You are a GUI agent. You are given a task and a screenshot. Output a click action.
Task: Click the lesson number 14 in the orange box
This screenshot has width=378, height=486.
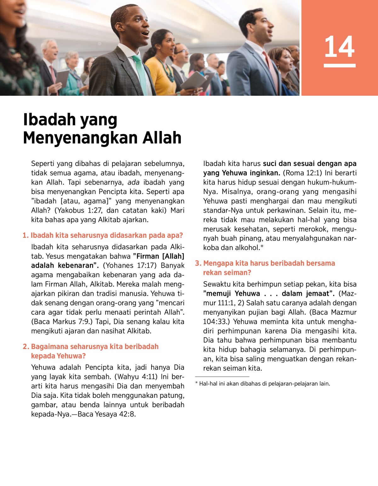(x=339, y=47)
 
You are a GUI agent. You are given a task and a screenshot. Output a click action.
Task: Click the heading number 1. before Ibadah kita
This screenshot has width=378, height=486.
(x=26, y=236)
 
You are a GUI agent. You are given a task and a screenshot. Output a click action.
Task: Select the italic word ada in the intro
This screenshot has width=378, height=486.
(x=133, y=182)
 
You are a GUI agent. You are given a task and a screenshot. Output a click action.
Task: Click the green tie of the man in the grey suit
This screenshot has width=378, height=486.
(x=140, y=74)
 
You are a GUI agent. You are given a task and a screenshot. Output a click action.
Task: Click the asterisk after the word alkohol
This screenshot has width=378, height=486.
(x=262, y=247)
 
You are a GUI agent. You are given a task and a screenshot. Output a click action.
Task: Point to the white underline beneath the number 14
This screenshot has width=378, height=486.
(x=339, y=66)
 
